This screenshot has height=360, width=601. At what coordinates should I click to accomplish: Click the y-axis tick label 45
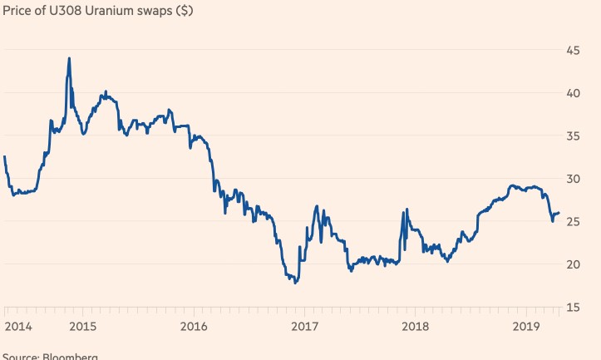(573, 50)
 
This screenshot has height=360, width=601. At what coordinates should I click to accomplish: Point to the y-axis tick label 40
(573, 92)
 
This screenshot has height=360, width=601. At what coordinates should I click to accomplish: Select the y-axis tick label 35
(573, 136)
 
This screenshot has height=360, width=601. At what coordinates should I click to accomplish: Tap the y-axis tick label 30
(573, 178)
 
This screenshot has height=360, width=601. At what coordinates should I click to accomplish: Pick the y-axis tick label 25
(573, 221)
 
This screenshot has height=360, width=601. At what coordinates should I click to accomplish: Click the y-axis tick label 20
(573, 264)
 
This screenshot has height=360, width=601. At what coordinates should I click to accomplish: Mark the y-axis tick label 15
(573, 308)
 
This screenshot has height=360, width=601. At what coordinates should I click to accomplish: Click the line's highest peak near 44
(69, 58)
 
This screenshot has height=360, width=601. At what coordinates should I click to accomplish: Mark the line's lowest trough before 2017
(295, 283)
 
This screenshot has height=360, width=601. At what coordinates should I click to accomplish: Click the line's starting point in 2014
(4, 156)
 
